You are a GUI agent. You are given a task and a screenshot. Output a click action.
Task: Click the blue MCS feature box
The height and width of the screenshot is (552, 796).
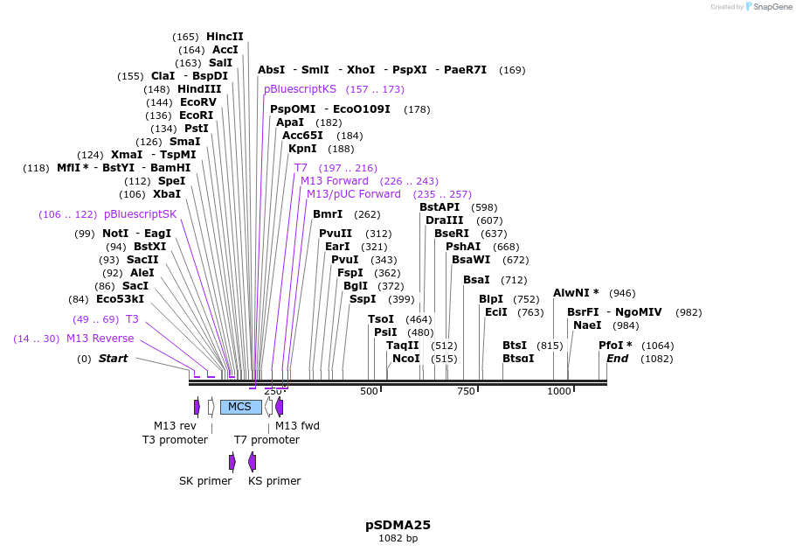pos(240,407)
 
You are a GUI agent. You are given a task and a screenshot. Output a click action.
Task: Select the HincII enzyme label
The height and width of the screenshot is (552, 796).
pos(225,37)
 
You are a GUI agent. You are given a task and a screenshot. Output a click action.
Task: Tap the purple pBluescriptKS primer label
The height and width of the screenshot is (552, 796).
pos(300,89)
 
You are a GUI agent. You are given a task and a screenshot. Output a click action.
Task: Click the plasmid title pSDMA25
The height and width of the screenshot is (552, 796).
pos(398,525)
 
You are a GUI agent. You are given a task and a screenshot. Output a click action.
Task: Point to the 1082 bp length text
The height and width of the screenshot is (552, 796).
pos(398,539)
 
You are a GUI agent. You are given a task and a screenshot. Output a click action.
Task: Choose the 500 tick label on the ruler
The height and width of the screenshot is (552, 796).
pos(369,391)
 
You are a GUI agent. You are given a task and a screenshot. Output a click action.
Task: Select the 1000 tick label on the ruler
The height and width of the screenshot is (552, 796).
pos(559,391)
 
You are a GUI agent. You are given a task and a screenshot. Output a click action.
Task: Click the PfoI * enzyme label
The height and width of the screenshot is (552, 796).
pos(615,346)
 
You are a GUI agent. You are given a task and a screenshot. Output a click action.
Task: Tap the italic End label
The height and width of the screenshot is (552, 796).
pos(617,359)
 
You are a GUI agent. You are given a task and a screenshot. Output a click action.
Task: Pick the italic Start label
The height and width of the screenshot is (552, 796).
pos(113,359)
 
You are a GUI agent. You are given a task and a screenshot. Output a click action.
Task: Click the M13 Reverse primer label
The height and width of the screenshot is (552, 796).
pos(100,339)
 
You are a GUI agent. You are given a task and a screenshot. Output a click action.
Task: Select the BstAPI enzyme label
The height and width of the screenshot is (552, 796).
pos(439,207)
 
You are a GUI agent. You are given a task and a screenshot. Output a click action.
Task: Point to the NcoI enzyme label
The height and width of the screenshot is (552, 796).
pos(405,359)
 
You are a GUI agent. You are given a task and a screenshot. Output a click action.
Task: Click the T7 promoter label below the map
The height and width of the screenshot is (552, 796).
pos(266,439)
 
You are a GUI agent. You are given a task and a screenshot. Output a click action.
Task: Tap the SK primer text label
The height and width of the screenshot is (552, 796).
pos(205,481)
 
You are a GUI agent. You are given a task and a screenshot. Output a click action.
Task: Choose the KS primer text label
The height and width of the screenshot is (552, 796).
pos(274,481)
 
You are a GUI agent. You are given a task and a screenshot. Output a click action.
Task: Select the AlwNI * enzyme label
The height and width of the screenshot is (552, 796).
pos(576,293)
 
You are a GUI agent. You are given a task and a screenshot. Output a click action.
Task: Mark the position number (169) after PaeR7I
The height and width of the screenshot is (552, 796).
pos(512,70)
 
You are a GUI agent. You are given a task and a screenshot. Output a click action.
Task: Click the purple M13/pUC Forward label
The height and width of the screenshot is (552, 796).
pos(353,194)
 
